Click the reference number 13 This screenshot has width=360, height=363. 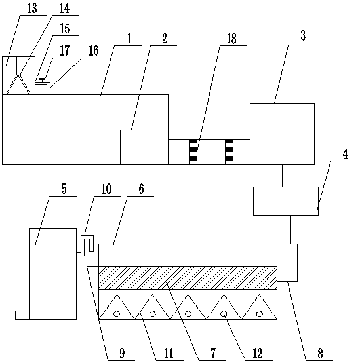pyautogui.click(x=32, y=9)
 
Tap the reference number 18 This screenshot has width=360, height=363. pyautogui.click(x=231, y=39)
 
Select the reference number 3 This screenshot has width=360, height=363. pyautogui.click(x=303, y=36)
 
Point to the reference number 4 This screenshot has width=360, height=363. pyautogui.click(x=345, y=154)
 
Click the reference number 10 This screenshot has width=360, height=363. pyautogui.click(x=106, y=189)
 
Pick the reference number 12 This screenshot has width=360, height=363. pyautogui.click(x=258, y=354)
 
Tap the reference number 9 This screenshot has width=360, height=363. pyautogui.click(x=122, y=354)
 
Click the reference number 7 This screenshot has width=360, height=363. pyautogui.click(x=213, y=354)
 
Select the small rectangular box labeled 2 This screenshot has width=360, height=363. pyautogui.click(x=131, y=147)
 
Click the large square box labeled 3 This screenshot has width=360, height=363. pyautogui.click(x=282, y=134)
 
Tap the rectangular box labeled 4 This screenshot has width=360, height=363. pyautogui.click(x=286, y=201)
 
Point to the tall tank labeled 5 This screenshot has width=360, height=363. pyautogui.click(x=53, y=274)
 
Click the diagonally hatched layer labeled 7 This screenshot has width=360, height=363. pyautogui.click(x=188, y=278)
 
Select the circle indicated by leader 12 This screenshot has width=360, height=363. pyautogui.click(x=224, y=314)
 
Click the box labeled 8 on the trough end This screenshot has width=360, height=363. pyautogui.click(x=287, y=263)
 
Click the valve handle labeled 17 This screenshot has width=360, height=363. pyautogui.click(x=42, y=80)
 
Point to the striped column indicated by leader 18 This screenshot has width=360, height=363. pyautogui.click(x=193, y=152)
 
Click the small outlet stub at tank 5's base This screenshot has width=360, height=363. pyautogui.click(x=22, y=315)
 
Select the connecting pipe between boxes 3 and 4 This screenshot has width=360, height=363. pyautogui.click(x=288, y=176)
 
